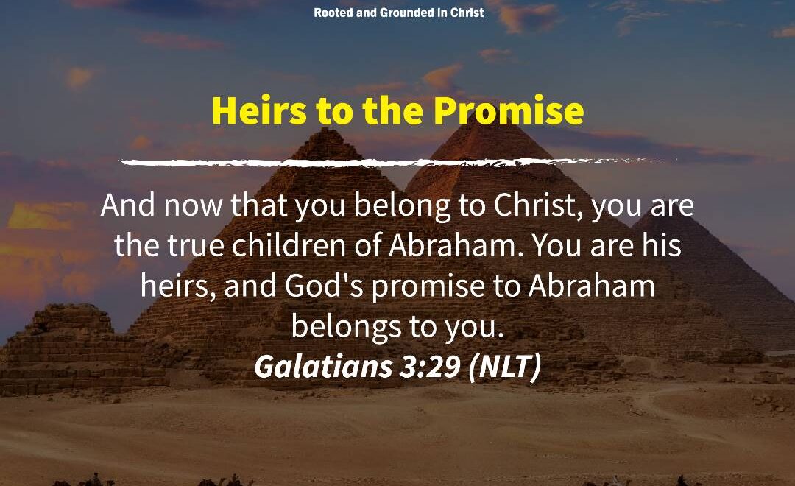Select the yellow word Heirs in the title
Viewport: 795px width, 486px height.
(x=259, y=110)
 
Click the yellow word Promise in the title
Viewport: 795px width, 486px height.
(x=509, y=110)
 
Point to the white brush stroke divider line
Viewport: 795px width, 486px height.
(x=390, y=162)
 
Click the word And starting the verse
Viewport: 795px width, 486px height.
(x=127, y=205)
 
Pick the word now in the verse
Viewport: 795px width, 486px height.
(x=193, y=206)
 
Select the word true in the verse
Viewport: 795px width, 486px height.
(x=196, y=245)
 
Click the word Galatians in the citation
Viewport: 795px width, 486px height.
(x=323, y=366)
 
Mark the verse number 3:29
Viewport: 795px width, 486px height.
(x=430, y=366)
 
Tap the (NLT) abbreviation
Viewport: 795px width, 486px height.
(x=505, y=366)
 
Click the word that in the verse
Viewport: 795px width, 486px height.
(x=258, y=205)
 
